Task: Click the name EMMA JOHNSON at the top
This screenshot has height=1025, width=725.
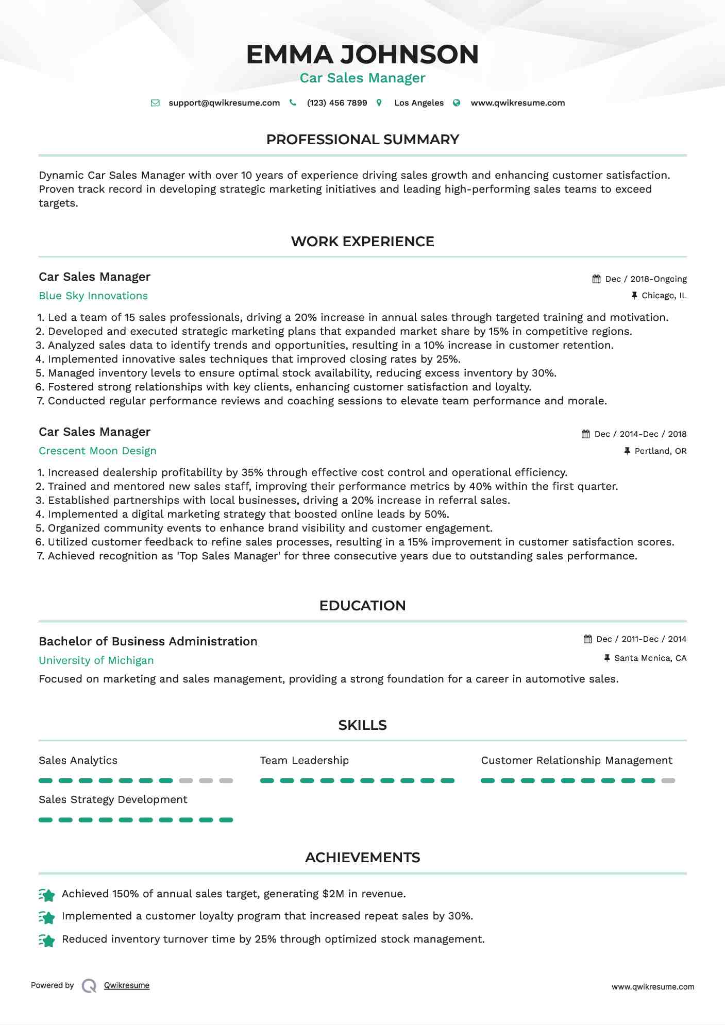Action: [362, 55]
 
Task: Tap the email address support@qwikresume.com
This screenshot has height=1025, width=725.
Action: [224, 103]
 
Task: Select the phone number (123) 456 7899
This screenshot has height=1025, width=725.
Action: [337, 103]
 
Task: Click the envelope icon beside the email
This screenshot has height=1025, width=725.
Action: [155, 103]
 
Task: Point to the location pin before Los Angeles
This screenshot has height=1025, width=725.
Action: [379, 103]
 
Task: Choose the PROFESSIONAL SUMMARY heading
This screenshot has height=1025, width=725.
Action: [362, 140]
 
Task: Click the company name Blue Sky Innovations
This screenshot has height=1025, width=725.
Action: [93, 296]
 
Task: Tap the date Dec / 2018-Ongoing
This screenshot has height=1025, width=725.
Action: [646, 279]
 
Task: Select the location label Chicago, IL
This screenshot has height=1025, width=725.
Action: [664, 296]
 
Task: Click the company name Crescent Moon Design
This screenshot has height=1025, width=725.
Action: [97, 451]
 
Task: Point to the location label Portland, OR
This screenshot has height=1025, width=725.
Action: [660, 451]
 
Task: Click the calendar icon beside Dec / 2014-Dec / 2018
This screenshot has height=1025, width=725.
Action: [586, 434]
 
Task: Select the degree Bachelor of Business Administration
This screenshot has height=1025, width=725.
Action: [148, 642]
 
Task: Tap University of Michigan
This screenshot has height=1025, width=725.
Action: [96, 661]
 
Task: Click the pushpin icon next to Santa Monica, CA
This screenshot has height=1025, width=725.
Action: [607, 658]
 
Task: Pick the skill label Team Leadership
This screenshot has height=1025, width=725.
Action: [304, 761]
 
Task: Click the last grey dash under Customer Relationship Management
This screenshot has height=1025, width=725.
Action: [668, 781]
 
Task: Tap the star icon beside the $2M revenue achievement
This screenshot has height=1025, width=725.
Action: [47, 895]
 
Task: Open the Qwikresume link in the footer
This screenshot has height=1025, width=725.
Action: [127, 985]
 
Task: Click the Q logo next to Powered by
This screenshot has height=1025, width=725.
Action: [89, 986]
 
